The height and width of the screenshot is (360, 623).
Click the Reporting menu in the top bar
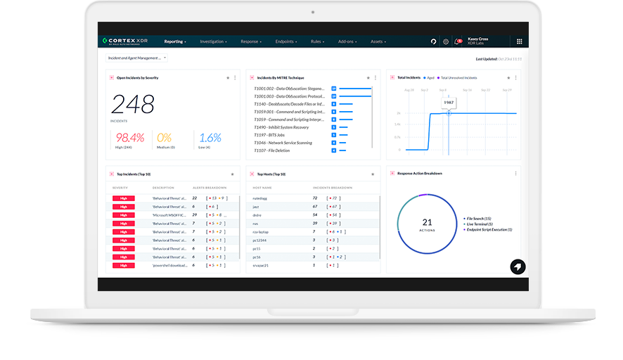[x=174, y=41]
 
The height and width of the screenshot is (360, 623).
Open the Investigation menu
[x=213, y=41]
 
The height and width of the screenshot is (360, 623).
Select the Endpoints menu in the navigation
[x=286, y=41]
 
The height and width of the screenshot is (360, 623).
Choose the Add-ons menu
[x=347, y=41]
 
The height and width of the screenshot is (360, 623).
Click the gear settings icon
[x=446, y=41]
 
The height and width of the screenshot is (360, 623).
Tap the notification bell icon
[x=458, y=41]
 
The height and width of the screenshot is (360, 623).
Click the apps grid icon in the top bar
[x=520, y=41]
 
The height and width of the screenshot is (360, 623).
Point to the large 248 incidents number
[x=132, y=105]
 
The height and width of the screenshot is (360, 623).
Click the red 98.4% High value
[x=130, y=138]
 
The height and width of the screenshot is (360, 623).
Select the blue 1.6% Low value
[x=210, y=138]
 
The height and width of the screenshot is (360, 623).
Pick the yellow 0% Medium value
[x=165, y=138]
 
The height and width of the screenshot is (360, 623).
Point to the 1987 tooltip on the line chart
[x=448, y=103]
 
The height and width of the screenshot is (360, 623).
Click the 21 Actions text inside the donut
[x=427, y=224]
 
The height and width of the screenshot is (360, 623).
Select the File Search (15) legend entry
[x=480, y=219]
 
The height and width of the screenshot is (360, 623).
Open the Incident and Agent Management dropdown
[x=136, y=58]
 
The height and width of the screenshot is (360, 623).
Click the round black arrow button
[x=517, y=266]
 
